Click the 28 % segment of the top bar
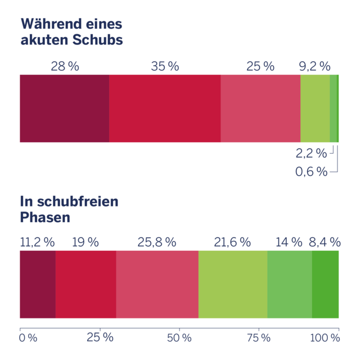coord(64,108)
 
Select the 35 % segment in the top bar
coord(165,108)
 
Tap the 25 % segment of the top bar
coord(260,108)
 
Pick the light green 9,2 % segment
coord(315,108)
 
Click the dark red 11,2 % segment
coord(38,284)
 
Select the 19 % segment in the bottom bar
coord(86,284)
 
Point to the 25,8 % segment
coord(157,284)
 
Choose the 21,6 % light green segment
coord(233,284)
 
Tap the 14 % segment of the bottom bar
coord(290,284)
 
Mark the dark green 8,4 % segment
coord(326,284)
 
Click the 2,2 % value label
coord(310,153)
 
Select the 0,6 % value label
coord(310,172)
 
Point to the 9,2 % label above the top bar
coord(314,66)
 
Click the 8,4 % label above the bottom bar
coord(325,242)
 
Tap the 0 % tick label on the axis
coord(28,338)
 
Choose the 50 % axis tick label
coord(179,338)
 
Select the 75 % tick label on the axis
coord(259,338)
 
